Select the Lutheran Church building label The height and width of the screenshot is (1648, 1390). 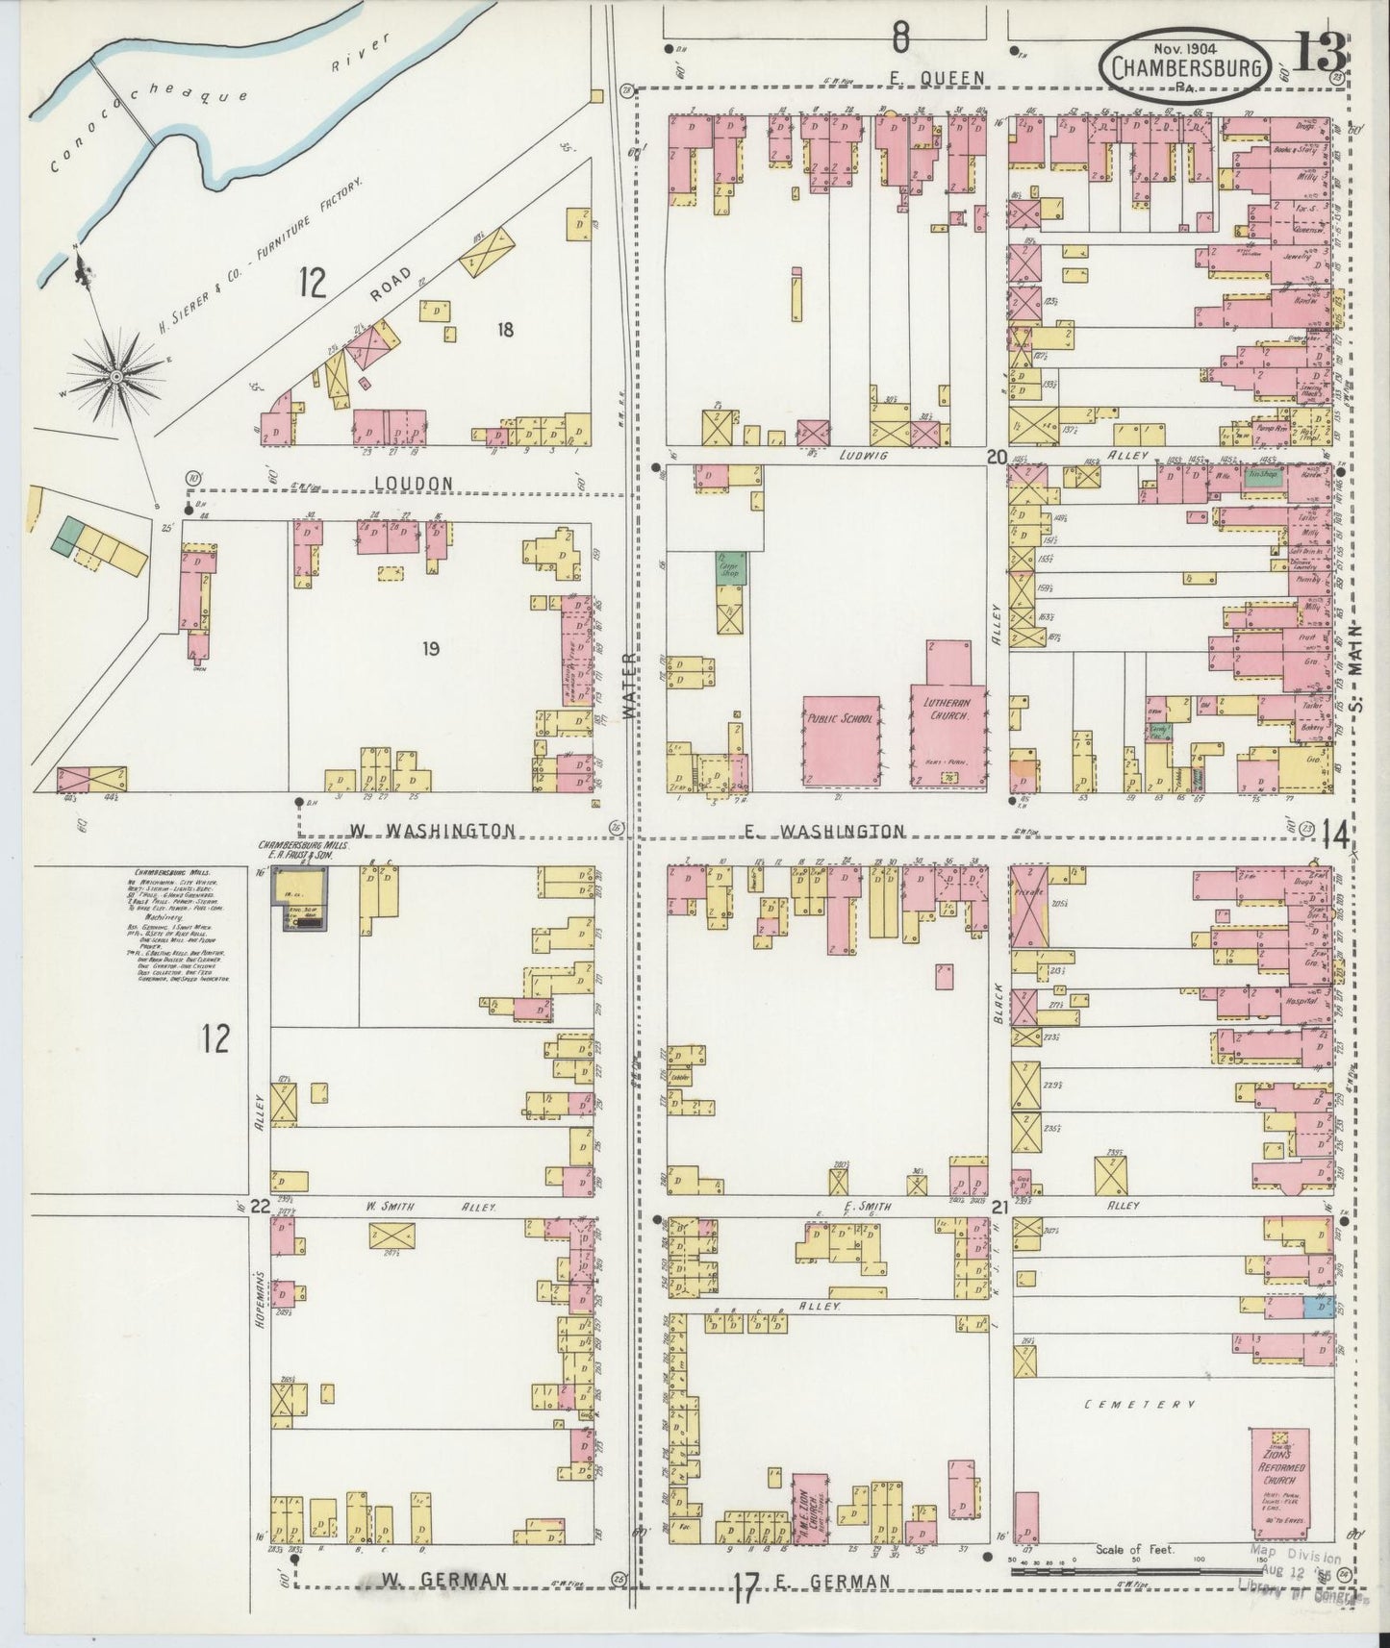948,711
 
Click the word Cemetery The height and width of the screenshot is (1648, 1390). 1140,1405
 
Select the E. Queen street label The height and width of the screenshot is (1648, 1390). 949,78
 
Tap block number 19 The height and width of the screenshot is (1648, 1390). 430,649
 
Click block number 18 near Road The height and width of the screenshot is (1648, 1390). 505,330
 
